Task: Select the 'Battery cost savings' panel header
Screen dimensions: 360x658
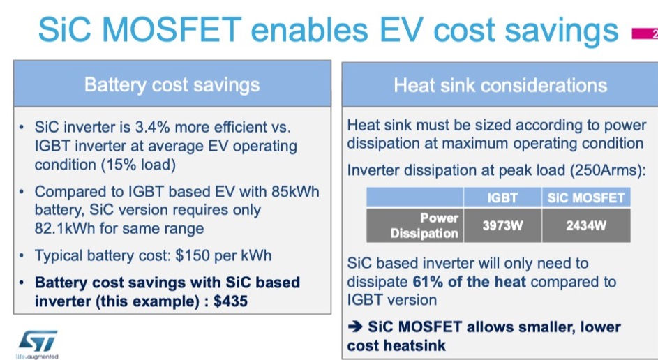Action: pyautogui.click(x=172, y=85)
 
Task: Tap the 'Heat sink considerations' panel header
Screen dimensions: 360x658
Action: pyautogui.click(x=500, y=86)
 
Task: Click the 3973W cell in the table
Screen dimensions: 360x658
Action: pyautogui.click(x=502, y=225)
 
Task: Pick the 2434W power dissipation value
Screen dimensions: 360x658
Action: pyautogui.click(x=586, y=225)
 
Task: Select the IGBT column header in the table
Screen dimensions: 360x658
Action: pyautogui.click(x=502, y=197)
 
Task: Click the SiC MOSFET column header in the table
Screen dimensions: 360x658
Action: pyautogui.click(x=586, y=197)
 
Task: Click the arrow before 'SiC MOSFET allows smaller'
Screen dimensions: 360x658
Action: pyautogui.click(x=355, y=327)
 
